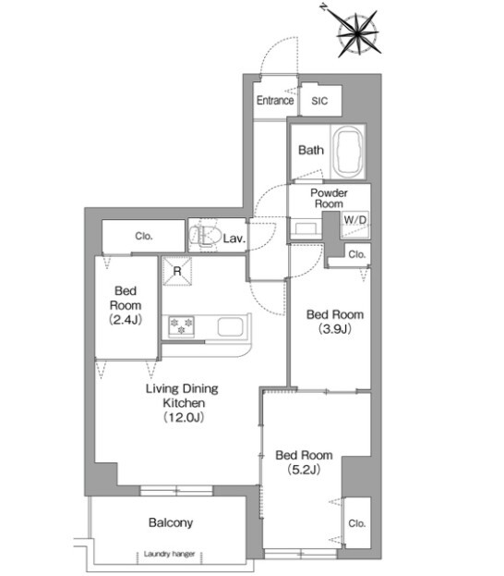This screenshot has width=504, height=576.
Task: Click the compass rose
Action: pos(357,34)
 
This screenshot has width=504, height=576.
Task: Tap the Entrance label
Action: pos(275,100)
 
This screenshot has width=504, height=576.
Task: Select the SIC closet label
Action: pos(319,101)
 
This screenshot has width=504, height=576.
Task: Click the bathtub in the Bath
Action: pos(350,152)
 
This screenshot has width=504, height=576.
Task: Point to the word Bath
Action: pos(311,150)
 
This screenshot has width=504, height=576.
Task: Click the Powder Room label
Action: pos(329,198)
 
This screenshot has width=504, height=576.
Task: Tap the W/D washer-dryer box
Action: pos(355,225)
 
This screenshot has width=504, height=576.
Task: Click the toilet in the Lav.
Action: pos(205,235)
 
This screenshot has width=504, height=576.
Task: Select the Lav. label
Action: pos(234,239)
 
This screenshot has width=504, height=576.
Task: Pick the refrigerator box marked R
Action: pos(177,271)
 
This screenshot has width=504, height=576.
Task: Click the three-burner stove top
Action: pos(181,326)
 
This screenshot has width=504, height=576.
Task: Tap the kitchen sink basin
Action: pos(231,326)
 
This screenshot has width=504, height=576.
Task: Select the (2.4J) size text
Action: pos(126,319)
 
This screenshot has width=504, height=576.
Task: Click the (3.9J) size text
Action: pos(335,328)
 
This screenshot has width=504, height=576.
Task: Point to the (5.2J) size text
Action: pos(304,469)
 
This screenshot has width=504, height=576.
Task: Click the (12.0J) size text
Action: pos(184,417)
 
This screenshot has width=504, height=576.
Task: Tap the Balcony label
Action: pos(171,522)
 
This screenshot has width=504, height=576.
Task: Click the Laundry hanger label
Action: pos(169,554)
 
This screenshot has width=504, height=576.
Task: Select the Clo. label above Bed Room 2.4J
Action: pos(143,236)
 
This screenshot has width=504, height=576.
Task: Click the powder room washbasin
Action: pos(306,227)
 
